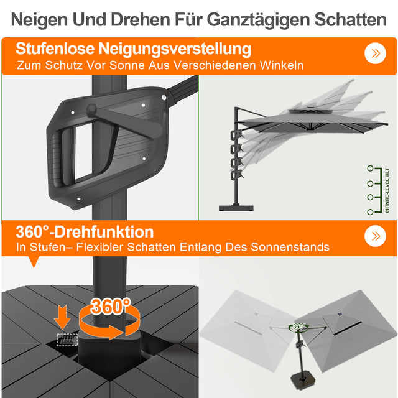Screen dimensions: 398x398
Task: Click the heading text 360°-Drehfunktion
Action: click(x=85, y=232)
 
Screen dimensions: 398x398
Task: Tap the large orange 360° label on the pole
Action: click(x=111, y=306)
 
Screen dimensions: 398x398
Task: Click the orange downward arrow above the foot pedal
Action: click(x=62, y=316)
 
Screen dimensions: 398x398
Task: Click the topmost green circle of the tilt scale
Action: click(x=371, y=168)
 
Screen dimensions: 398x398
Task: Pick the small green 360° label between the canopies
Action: click(x=298, y=326)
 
